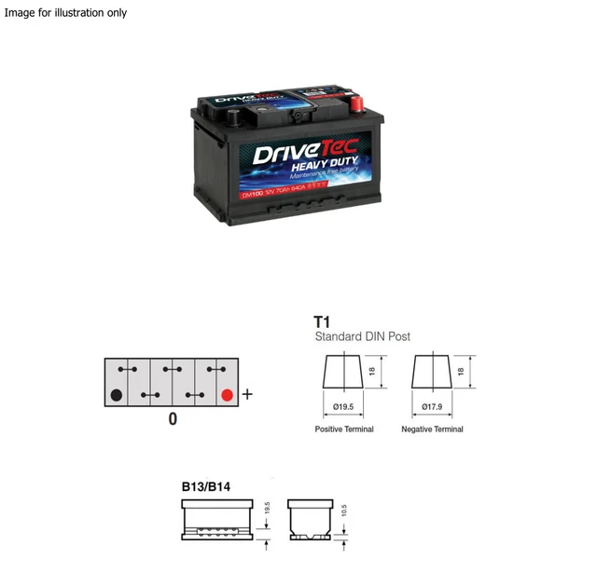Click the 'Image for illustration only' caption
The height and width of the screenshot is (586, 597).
click(x=65, y=13)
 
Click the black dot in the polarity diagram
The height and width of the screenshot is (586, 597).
click(x=117, y=394)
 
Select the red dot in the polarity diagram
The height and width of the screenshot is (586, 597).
click(x=226, y=394)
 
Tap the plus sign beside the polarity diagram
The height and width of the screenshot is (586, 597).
click(x=247, y=394)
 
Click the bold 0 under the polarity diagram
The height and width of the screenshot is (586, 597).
click(x=173, y=419)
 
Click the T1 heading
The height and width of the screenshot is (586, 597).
click(x=323, y=320)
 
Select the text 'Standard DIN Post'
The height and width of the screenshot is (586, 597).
click(x=362, y=336)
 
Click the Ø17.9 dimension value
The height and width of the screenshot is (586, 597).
click(x=431, y=406)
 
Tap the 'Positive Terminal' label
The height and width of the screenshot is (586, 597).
click(x=344, y=429)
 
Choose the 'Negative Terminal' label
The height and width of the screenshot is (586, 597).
click(x=432, y=429)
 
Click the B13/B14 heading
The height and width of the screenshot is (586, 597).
click(x=207, y=486)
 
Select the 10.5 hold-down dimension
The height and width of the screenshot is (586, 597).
click(x=344, y=511)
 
